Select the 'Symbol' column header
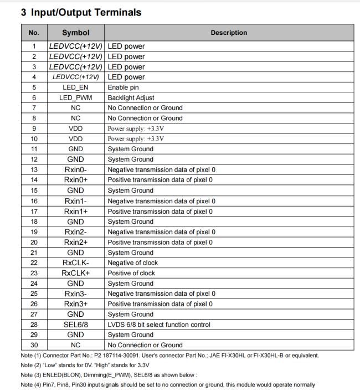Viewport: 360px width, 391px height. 75,33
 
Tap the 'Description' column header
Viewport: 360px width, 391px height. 229,33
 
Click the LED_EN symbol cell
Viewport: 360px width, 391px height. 75,87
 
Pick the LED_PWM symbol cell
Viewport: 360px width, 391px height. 75,97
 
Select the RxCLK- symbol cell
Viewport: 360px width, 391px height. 75,263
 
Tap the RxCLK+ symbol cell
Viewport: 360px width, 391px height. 75,273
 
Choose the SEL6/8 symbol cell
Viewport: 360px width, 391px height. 75,325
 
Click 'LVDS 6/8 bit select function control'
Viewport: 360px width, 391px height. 159,325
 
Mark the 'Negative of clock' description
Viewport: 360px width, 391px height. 133,263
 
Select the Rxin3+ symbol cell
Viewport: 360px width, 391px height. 75,304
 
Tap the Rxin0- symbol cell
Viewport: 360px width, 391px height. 75,169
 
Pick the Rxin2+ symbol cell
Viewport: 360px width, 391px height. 75,242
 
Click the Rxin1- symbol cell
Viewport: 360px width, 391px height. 75,200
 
